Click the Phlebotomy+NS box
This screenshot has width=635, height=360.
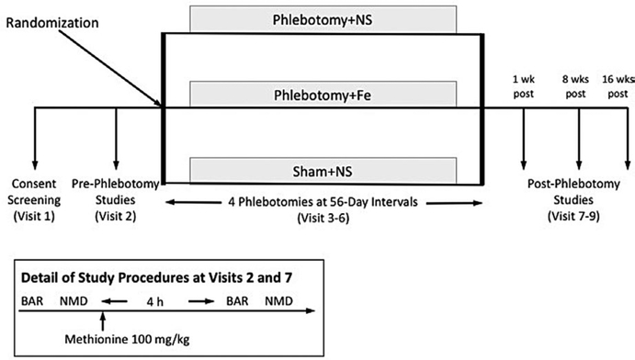click(323, 18)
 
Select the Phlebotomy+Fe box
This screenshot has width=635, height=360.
click(323, 94)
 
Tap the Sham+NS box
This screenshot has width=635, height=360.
click(323, 170)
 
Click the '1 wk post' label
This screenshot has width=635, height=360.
click(523, 85)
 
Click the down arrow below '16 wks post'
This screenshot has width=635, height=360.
click(628, 138)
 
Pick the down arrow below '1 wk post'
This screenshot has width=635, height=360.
click(523, 138)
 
